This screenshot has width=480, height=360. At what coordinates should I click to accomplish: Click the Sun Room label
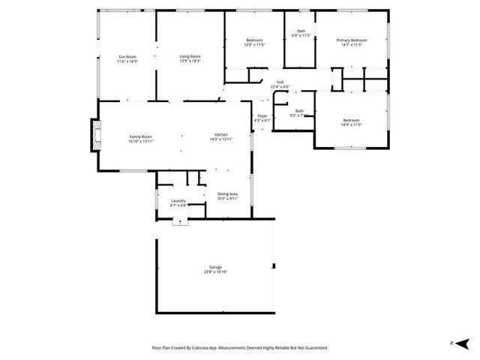[127, 57]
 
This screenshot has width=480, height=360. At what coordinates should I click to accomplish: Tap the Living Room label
[190, 57]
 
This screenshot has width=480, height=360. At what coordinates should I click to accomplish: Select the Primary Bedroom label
[351, 40]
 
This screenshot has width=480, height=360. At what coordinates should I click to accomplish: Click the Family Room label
[141, 136]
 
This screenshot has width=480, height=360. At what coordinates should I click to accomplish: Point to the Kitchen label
[221, 135]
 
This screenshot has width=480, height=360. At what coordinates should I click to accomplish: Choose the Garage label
[215, 267]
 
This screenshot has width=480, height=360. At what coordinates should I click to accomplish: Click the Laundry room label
[178, 201]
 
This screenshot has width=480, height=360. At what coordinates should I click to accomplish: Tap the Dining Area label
[227, 194]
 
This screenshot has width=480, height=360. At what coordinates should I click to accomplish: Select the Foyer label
[262, 116]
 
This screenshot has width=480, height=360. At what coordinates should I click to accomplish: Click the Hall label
[280, 82]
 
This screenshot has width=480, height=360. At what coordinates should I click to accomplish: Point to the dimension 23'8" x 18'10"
[215, 271]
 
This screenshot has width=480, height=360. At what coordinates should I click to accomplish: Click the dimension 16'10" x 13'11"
[141, 141]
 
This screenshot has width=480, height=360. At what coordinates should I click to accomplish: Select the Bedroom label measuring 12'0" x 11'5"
[255, 40]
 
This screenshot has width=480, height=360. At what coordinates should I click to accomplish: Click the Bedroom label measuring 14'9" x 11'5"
[351, 121]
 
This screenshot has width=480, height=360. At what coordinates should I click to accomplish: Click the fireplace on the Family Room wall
[94, 135]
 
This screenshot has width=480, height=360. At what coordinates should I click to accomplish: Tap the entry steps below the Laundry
[179, 221]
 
